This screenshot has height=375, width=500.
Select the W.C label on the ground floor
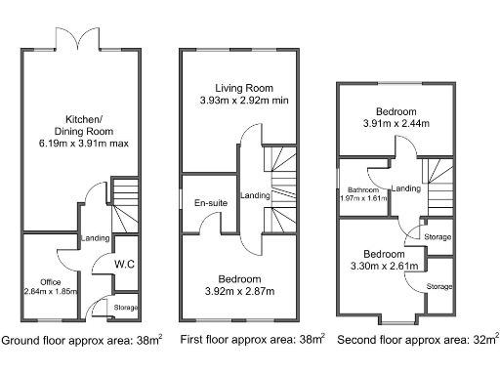tap(124, 264)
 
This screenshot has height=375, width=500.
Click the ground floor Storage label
tap(125, 308)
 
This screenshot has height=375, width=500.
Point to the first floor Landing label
tap(256, 193)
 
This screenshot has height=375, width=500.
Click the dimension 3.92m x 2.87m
tap(239, 290)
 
